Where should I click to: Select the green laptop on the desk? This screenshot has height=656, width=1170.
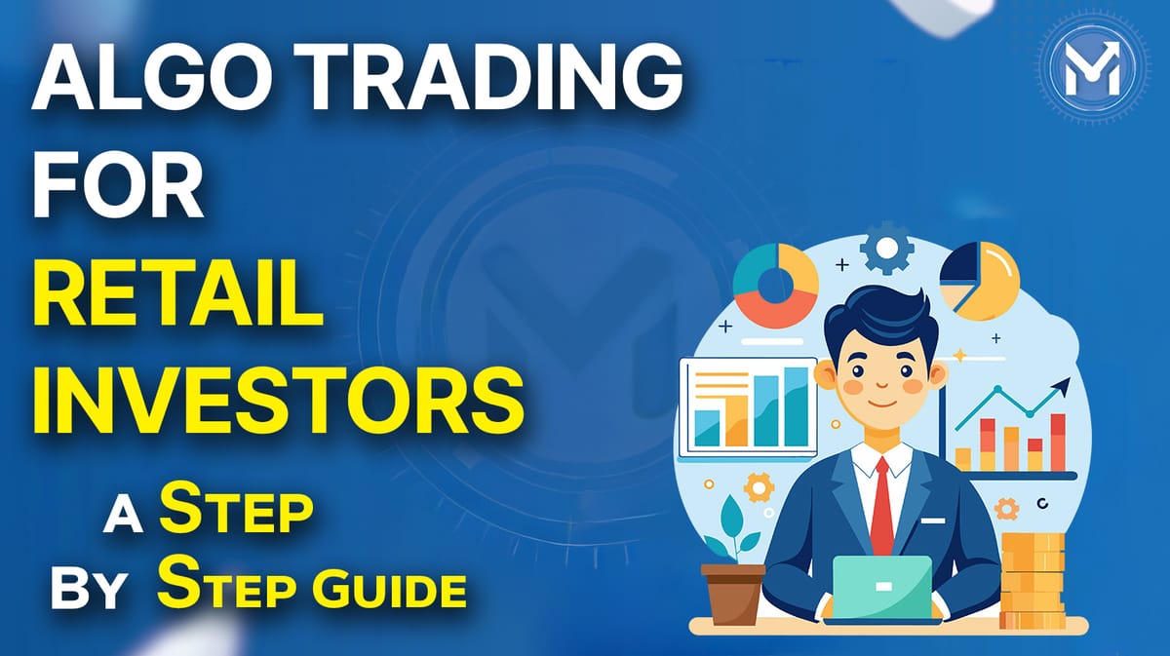[x=882, y=585]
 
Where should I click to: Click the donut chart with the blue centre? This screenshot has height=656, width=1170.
[x=776, y=284]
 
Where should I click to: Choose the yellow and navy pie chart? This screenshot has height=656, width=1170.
[x=979, y=279]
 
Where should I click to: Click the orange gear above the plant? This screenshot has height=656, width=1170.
[x=758, y=485]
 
